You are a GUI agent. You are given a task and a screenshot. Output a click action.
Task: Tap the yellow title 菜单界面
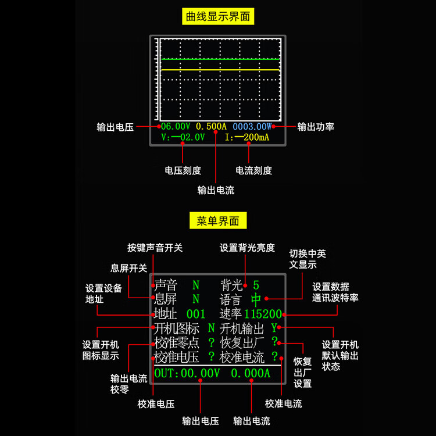tap(218, 221)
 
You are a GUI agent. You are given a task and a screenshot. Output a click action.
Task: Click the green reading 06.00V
tap(176, 126)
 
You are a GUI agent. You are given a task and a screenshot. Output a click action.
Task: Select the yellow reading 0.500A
tap(212, 126)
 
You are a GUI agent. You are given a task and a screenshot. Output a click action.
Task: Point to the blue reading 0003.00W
tap(252, 126)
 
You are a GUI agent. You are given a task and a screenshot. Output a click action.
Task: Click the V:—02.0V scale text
tap(183, 137)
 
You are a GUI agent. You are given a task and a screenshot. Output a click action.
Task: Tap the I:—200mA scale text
tap(247, 137)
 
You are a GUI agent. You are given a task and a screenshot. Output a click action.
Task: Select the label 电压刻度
tap(183, 170)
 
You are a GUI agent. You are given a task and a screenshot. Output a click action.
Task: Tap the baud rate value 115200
tap(263, 315)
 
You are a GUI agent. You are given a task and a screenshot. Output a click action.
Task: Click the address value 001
tap(196, 315)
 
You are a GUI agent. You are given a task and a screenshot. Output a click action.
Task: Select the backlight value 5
tap(256, 285)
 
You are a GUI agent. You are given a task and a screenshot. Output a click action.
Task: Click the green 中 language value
tap(256, 300)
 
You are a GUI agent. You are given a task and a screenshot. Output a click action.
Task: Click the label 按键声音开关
tap(155, 248)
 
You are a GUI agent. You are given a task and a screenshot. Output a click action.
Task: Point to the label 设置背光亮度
tap(247, 248)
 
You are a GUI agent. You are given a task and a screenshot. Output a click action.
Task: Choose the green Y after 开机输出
tap(274, 328)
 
